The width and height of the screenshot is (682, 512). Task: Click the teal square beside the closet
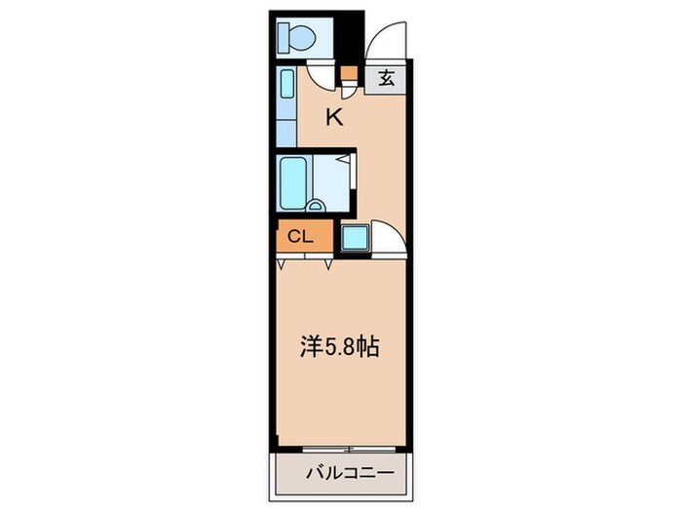pos(354,236)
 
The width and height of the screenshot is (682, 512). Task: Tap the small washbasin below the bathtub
pos(316,205)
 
